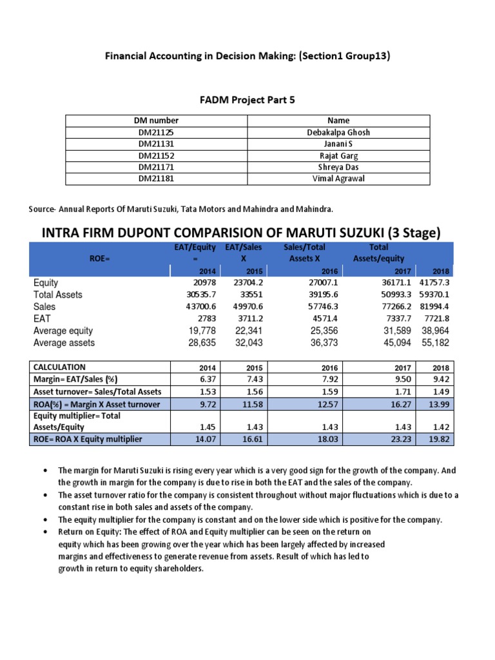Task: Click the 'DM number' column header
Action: (156, 121)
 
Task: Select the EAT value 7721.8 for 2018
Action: (436, 318)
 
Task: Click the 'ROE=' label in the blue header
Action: (101, 258)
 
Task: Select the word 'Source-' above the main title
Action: (44, 209)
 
